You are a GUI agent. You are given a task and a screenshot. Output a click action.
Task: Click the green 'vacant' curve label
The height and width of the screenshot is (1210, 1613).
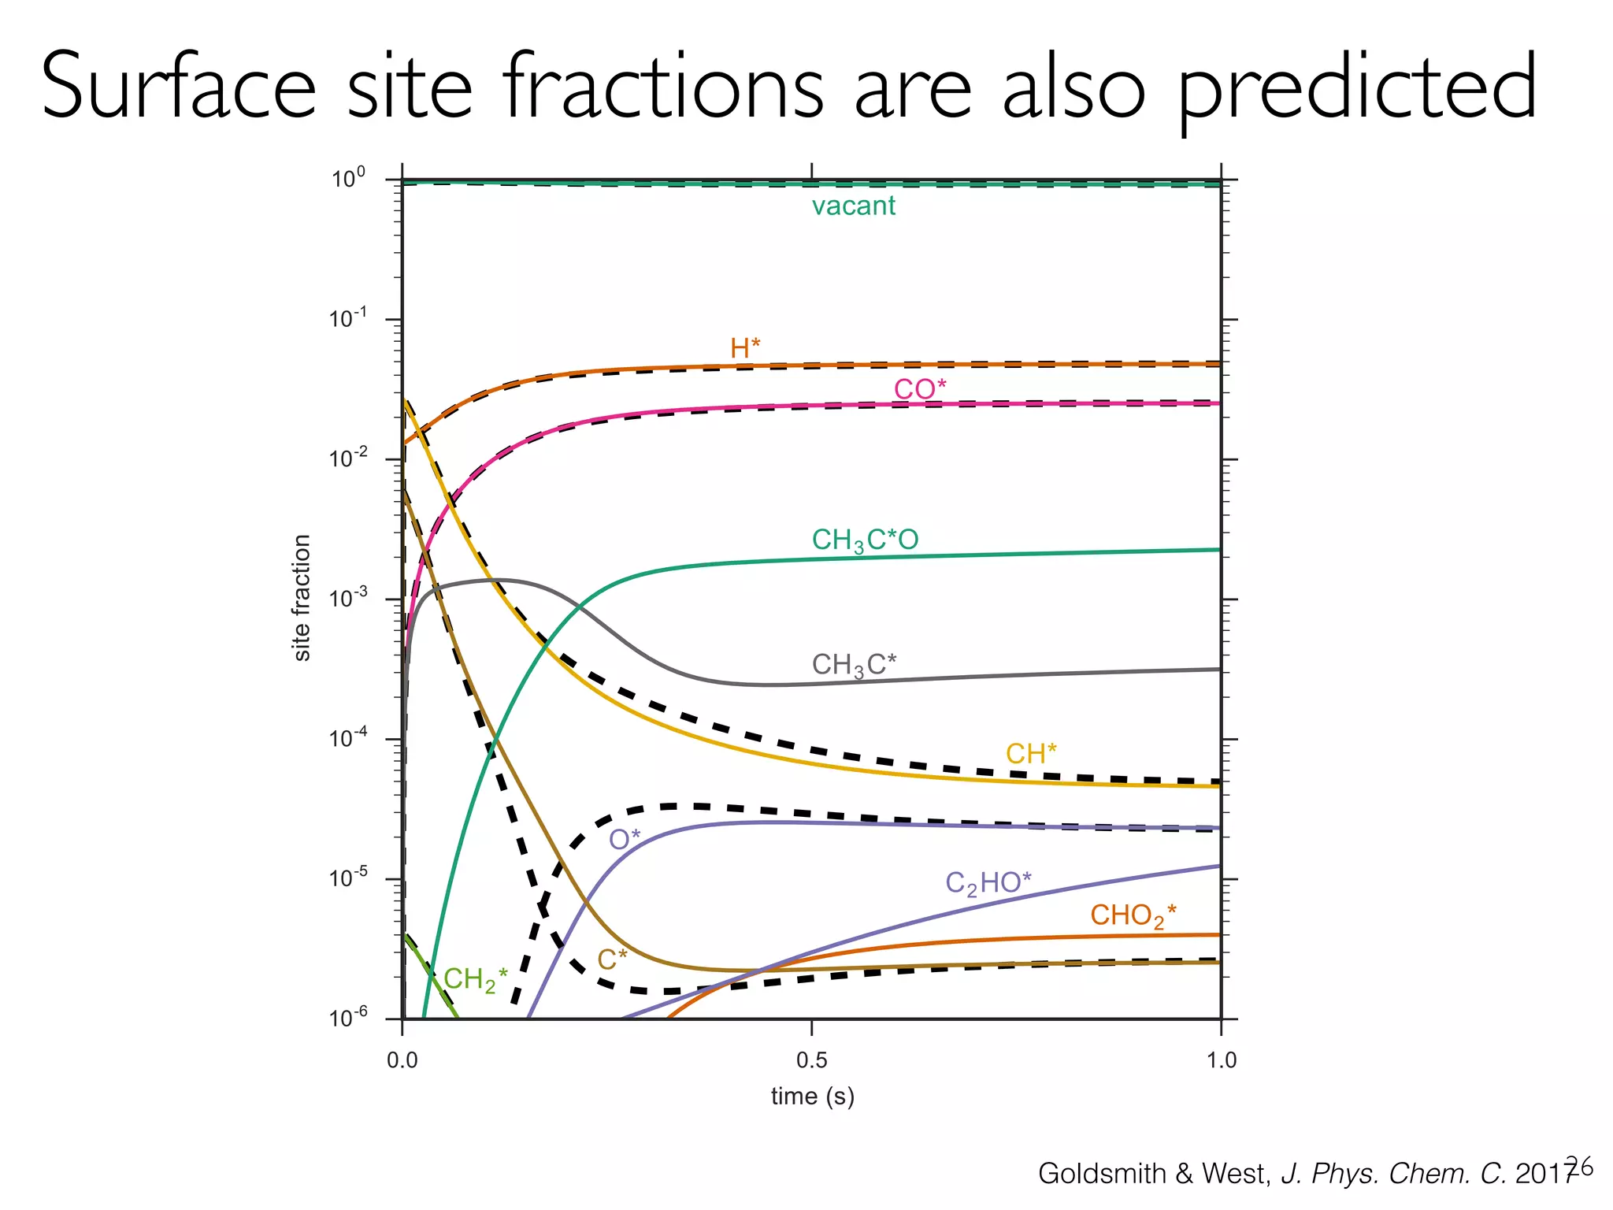point(853,206)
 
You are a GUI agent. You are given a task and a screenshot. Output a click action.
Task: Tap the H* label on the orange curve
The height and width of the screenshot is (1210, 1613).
point(745,347)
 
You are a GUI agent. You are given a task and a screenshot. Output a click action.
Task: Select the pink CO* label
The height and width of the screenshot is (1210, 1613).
point(919,388)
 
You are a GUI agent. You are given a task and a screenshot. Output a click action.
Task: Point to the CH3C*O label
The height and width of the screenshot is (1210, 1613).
point(865,540)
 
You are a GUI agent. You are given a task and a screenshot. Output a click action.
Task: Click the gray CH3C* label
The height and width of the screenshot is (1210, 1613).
point(854,665)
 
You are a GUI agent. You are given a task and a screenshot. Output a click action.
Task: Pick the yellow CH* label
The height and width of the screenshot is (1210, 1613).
point(1030,754)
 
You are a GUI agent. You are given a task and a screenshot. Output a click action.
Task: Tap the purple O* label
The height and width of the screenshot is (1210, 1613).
point(625,840)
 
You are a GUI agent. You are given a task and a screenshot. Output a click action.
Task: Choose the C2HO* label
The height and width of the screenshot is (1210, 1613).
point(988,883)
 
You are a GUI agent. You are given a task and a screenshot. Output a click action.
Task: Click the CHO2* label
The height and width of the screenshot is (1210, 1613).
point(1133,916)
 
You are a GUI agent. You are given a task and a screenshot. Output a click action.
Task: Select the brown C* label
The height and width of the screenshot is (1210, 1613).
point(612,959)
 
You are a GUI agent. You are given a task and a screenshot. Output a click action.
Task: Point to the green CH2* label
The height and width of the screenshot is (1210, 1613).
point(475,979)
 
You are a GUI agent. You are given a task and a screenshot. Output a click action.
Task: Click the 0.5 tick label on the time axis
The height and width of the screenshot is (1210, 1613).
point(811,1060)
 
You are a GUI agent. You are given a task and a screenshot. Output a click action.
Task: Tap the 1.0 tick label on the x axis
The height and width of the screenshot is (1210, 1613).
point(1221,1060)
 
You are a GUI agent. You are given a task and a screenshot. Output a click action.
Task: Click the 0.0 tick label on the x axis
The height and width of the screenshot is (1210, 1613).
point(402,1060)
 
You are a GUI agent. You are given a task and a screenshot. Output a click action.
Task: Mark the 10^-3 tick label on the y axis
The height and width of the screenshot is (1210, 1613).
point(348,598)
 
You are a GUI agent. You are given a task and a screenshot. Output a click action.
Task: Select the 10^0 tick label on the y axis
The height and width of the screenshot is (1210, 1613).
point(348,178)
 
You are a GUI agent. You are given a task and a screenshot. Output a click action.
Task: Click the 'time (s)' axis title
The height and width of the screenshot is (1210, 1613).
point(812,1097)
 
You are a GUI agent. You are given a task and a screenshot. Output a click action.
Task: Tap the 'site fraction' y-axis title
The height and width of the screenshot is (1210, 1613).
point(302,598)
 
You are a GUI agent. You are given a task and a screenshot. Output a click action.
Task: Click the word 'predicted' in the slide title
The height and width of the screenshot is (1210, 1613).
point(1356,88)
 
